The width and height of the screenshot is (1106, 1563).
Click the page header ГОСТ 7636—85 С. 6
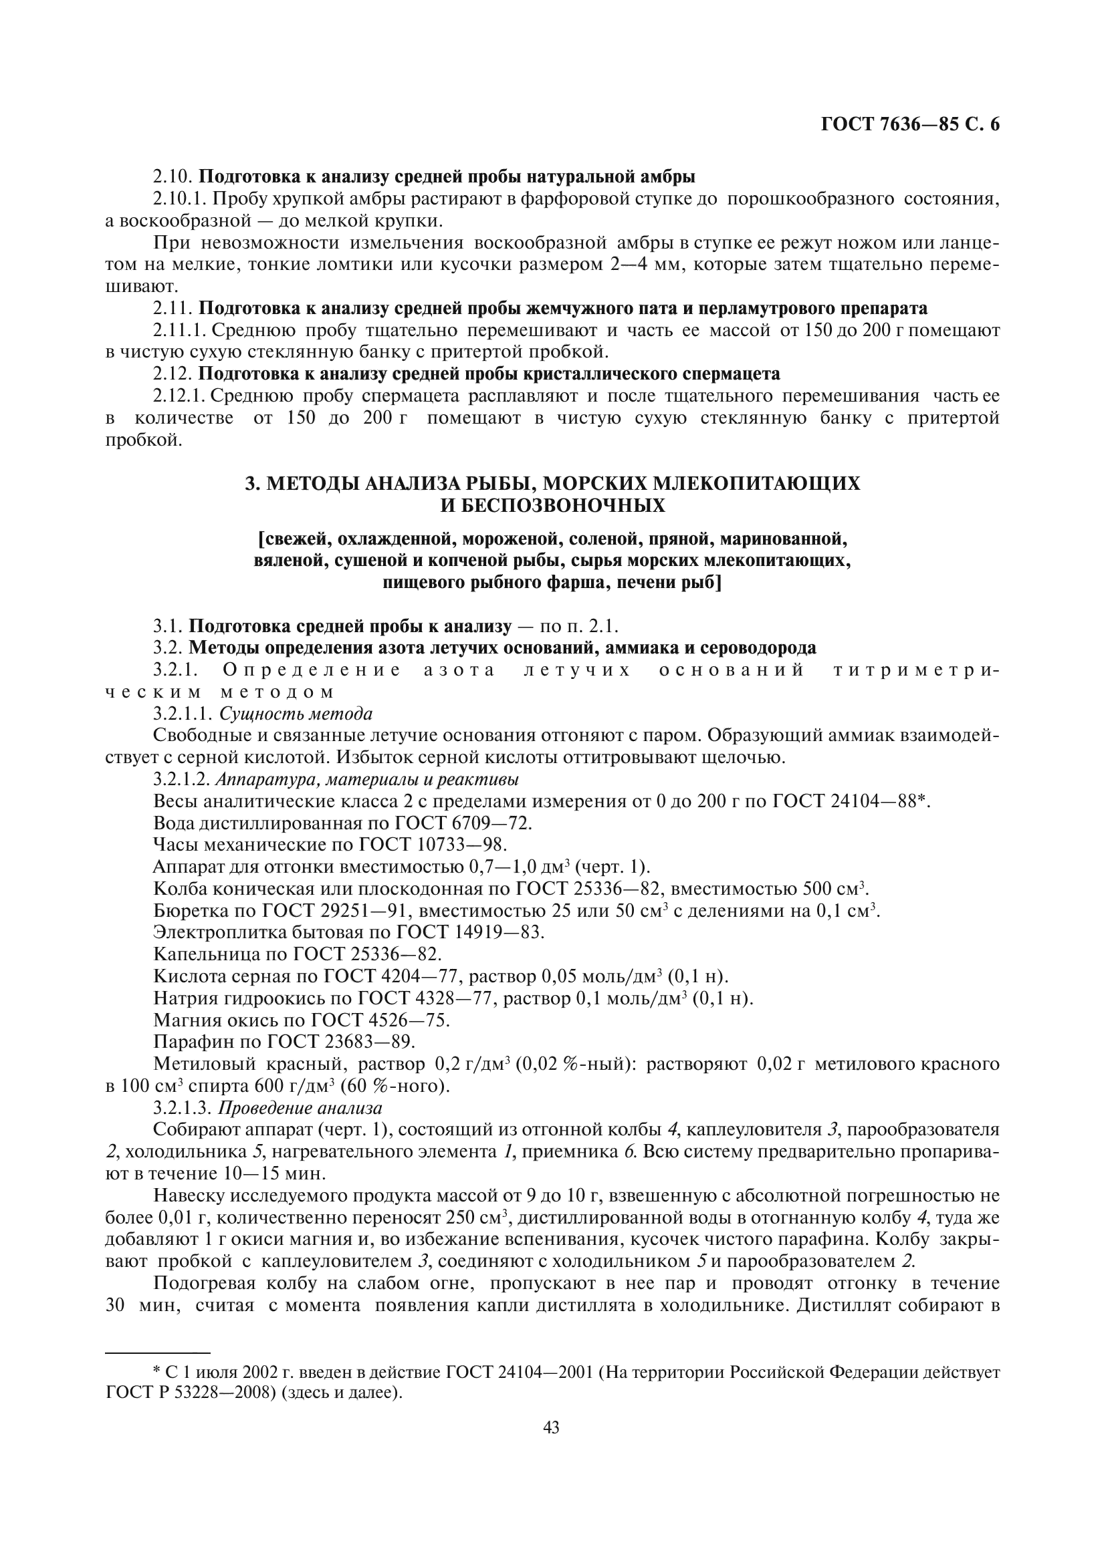(910, 124)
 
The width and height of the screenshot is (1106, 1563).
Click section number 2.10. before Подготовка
(173, 177)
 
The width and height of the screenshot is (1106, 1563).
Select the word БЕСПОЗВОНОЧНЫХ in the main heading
(552, 506)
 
